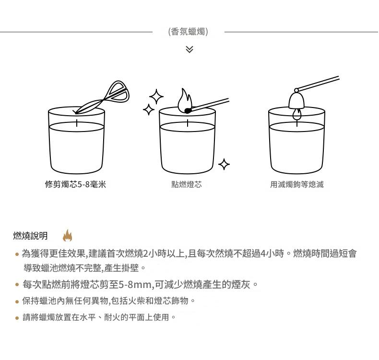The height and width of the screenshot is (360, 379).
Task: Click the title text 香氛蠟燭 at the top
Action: tap(188, 32)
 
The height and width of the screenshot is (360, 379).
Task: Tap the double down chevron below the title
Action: tap(189, 49)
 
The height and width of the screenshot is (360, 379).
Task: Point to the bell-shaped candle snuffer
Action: tap(296, 100)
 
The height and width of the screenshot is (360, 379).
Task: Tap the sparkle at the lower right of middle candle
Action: tap(224, 164)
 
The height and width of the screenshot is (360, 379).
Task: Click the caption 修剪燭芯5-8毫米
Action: tap(75, 184)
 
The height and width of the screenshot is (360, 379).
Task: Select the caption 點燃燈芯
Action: tap(187, 184)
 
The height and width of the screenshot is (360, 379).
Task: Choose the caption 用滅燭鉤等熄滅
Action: tap(297, 184)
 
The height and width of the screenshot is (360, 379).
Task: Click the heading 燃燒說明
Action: tap(30, 236)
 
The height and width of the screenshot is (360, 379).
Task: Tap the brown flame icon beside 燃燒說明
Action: tap(68, 235)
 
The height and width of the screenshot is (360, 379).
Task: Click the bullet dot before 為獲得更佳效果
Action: tap(17, 254)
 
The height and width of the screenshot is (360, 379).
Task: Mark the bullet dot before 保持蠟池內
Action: tap(17, 301)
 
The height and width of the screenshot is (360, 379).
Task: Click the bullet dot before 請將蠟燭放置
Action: tap(17, 318)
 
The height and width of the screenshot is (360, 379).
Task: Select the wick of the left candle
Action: tap(77, 123)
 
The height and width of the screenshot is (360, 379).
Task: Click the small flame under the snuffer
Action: tap(297, 114)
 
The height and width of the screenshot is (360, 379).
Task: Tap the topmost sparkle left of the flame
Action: tap(156, 96)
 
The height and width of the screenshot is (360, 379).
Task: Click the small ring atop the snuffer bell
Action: tap(296, 90)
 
